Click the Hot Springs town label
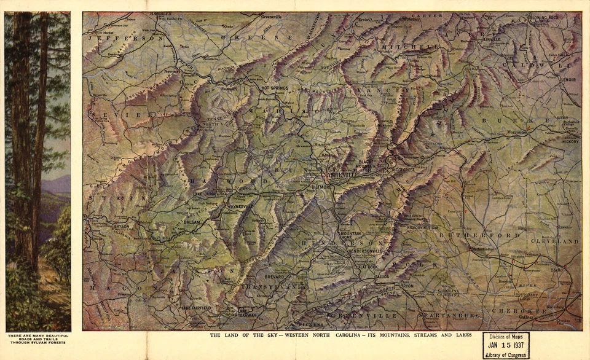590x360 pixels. click(275, 88)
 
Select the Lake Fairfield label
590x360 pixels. click(196, 307)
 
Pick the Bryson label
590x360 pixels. click(121, 226)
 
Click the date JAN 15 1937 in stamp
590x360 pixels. click(505, 345)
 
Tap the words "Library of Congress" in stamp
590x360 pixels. click(505, 354)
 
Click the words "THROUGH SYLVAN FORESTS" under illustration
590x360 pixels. click(37, 342)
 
